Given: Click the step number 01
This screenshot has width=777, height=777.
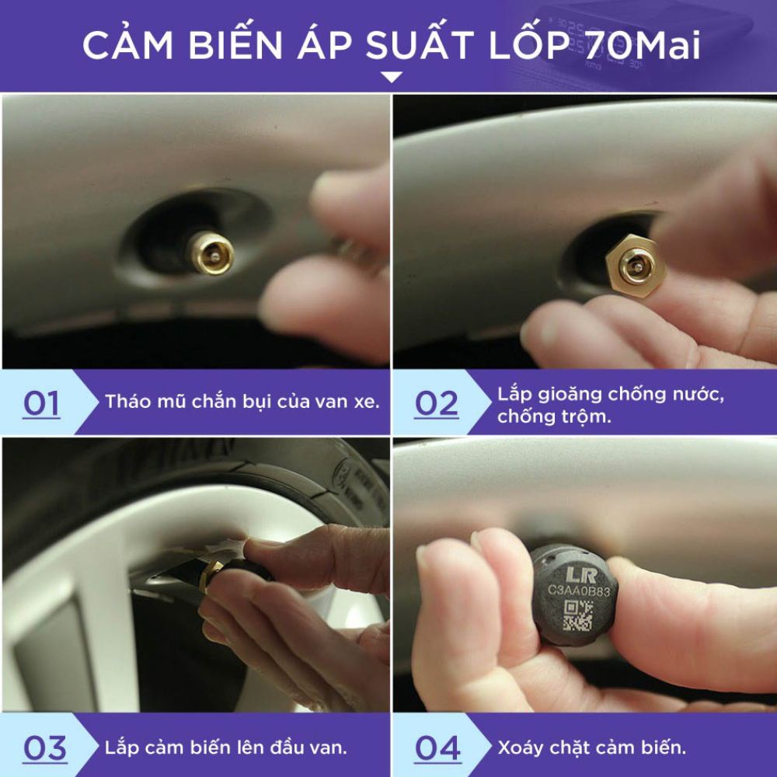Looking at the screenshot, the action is pos(42,403).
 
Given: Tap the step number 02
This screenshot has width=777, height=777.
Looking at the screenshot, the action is pos(437,403).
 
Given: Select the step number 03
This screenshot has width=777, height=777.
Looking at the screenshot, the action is pos(45,748).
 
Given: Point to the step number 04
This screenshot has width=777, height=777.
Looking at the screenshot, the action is pos(437,748).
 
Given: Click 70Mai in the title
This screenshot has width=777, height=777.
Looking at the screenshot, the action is pos(643,45).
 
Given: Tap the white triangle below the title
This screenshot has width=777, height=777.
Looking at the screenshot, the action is pos(392,77).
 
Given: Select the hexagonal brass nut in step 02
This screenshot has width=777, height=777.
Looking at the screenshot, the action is pos(635,265).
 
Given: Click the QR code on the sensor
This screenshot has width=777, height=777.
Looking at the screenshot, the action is pos(578,615).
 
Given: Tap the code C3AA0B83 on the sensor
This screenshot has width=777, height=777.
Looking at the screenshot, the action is pos(579,591).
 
